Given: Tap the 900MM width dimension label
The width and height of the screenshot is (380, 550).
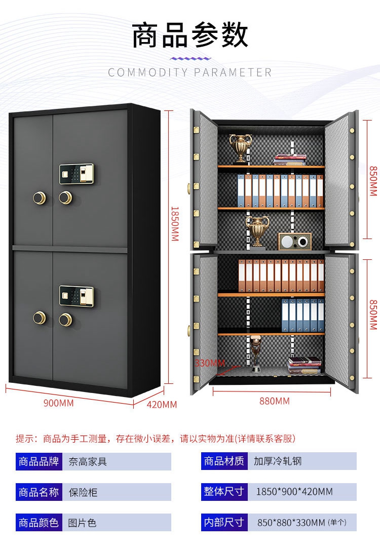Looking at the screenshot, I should (x=59, y=403).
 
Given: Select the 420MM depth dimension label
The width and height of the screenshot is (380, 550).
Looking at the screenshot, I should (x=162, y=404).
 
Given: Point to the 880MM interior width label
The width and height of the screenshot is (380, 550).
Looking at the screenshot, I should (x=274, y=401).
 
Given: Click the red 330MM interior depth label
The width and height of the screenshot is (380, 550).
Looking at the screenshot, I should (x=209, y=363).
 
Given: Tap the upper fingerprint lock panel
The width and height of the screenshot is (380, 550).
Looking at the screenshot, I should (x=77, y=174).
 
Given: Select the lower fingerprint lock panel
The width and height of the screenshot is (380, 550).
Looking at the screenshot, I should (x=77, y=296).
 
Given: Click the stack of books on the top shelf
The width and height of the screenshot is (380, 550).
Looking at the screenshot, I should (x=290, y=160).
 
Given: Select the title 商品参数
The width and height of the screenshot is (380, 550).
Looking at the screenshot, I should (x=190, y=35).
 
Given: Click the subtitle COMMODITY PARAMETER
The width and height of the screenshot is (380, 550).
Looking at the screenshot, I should (x=190, y=72).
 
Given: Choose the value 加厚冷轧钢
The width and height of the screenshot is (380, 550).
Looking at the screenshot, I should (x=278, y=461).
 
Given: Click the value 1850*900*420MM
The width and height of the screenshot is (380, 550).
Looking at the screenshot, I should (x=294, y=492).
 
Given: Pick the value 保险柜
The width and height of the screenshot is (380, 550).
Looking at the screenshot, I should (x=83, y=492).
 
